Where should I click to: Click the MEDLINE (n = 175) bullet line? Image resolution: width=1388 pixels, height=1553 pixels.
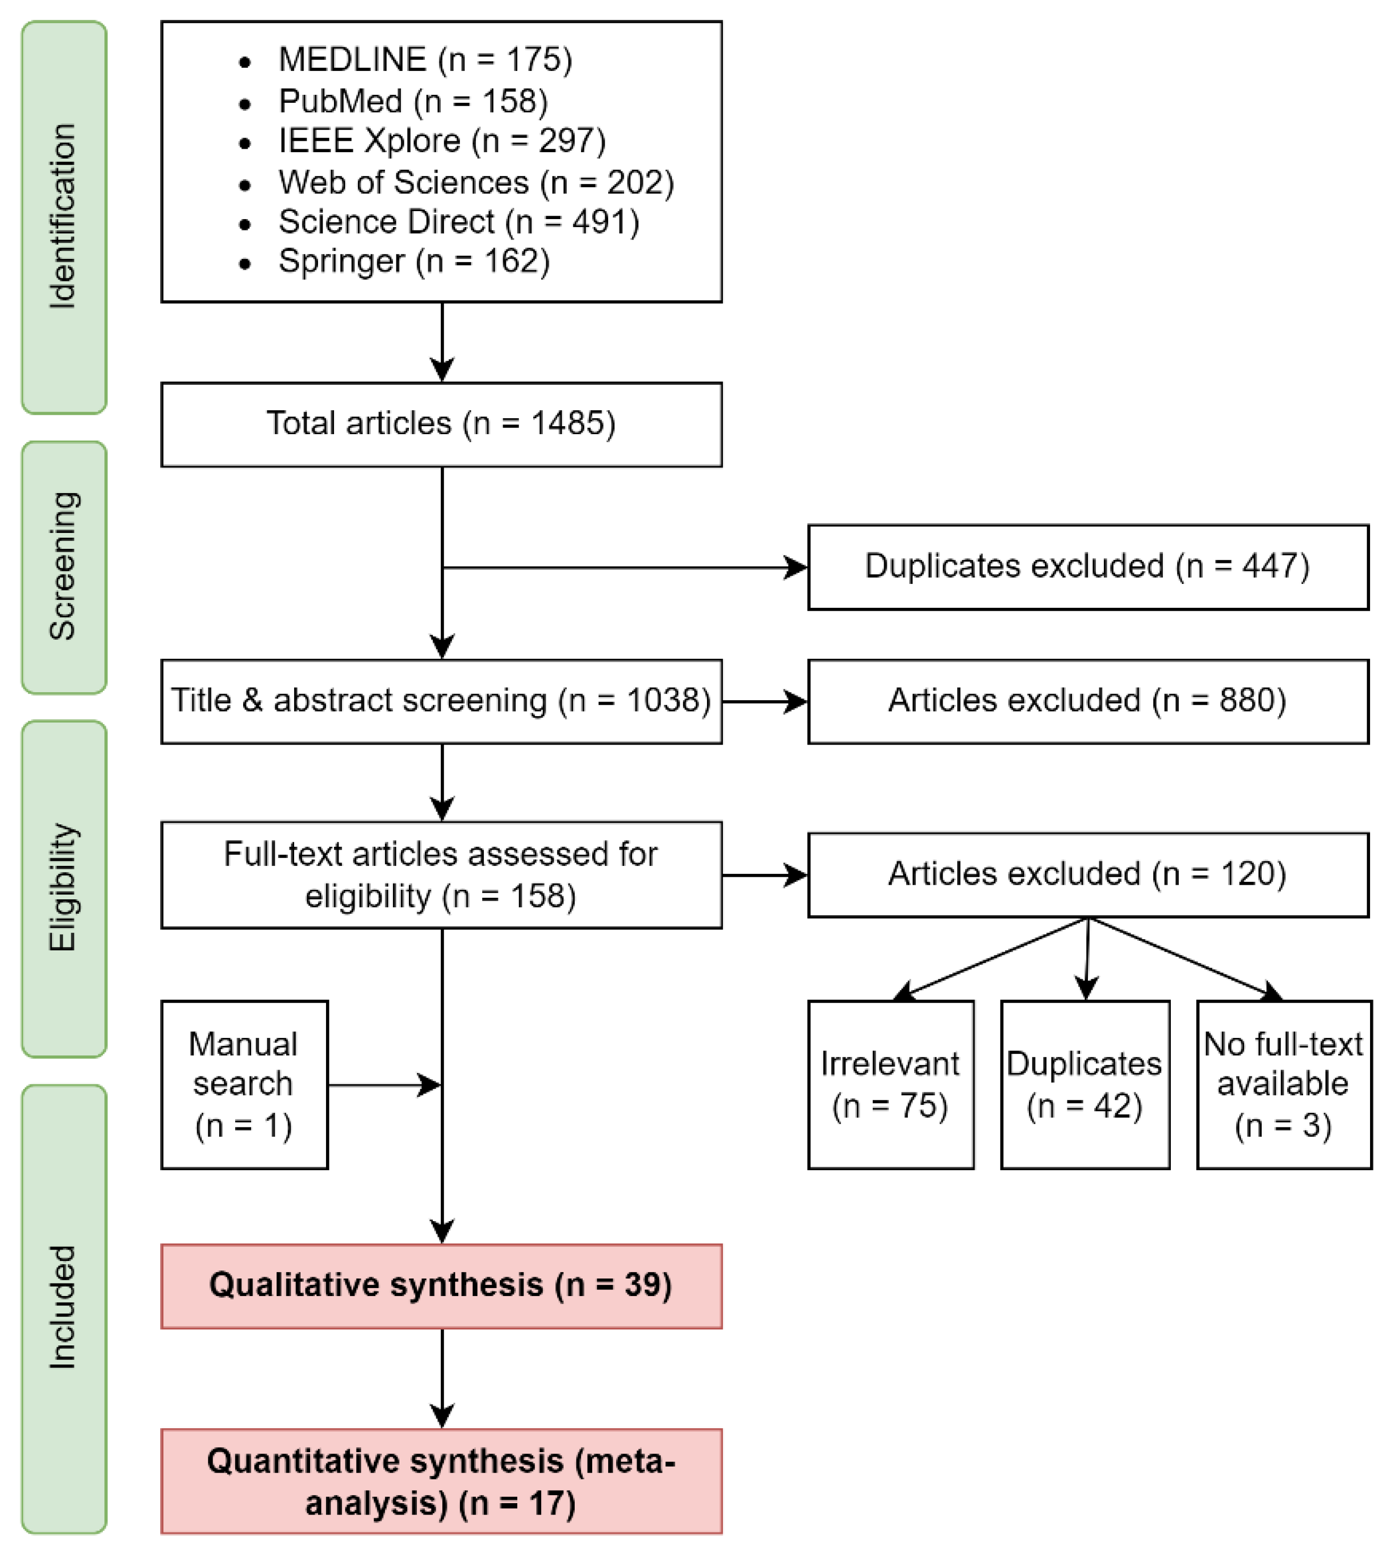click(425, 59)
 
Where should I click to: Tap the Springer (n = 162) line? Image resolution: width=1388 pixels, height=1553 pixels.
click(413, 261)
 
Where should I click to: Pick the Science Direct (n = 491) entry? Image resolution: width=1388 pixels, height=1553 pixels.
click(458, 222)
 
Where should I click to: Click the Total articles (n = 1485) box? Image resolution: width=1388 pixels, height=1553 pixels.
click(441, 424)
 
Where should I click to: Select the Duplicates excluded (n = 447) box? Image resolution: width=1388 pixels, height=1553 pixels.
click(1087, 566)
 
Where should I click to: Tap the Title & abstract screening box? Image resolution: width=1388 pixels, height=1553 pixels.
click(441, 701)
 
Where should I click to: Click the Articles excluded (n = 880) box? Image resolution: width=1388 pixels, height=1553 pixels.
click(1087, 701)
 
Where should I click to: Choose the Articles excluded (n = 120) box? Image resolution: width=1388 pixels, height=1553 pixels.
click(1087, 874)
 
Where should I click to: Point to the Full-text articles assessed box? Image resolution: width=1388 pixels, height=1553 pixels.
click(441, 874)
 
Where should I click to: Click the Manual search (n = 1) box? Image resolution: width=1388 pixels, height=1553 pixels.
click(244, 1084)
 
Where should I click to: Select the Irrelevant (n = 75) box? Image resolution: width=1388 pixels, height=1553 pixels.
click(890, 1084)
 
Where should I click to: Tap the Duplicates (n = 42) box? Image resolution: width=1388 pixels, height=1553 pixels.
click(1084, 1084)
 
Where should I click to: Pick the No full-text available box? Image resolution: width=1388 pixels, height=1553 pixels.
click(1284, 1084)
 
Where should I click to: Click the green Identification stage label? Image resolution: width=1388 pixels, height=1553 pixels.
click(63, 217)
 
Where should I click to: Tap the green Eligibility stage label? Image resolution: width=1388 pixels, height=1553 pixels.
click(63, 888)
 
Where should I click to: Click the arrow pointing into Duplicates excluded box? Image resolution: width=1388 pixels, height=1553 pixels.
click(626, 567)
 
